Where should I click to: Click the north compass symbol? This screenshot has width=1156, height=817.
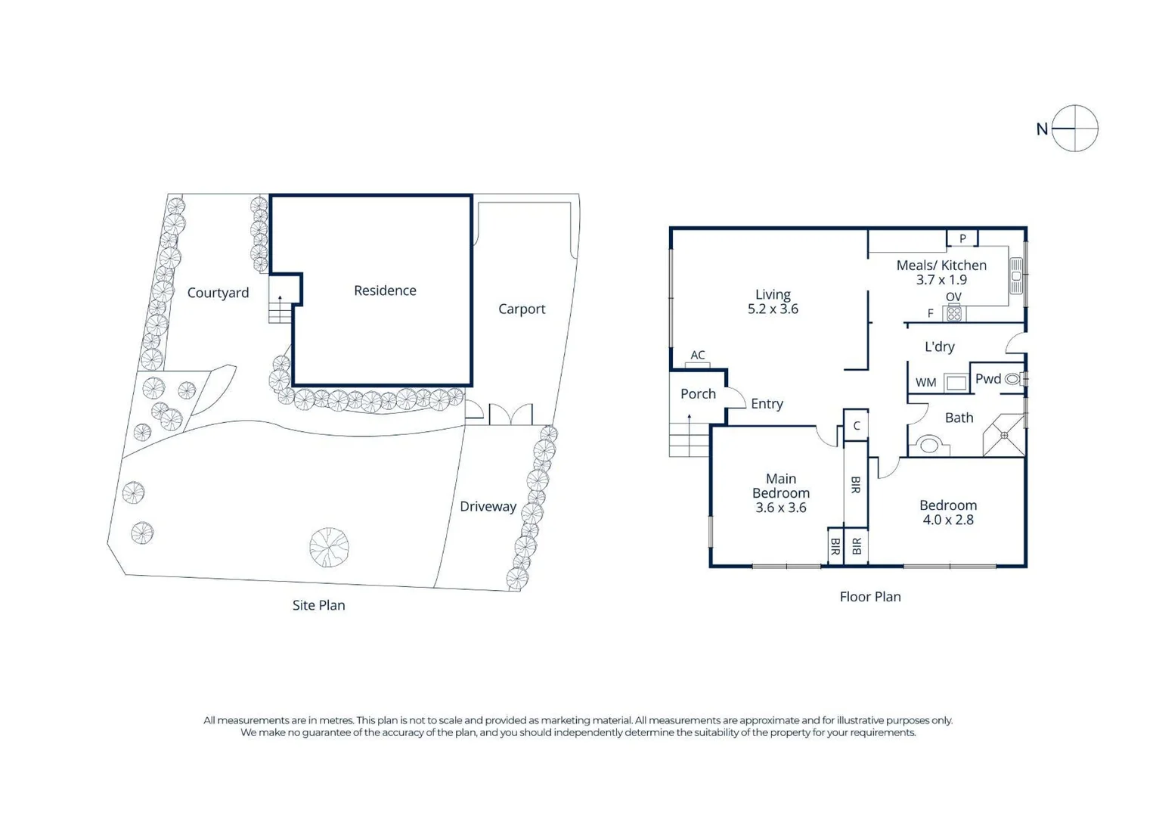1074,129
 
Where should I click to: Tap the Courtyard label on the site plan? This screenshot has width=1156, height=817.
218,293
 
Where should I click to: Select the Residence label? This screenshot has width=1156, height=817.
385,290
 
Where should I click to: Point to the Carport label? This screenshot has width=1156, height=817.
522,309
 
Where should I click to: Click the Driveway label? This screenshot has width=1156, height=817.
488,507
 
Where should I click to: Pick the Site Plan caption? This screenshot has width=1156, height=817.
318,605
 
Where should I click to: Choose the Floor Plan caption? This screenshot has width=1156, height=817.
870,597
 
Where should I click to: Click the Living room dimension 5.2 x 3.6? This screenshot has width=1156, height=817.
773,309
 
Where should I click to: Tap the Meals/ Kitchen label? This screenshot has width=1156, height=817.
941,266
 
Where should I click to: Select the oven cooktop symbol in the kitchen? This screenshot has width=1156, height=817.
954,313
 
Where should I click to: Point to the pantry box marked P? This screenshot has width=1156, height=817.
962,239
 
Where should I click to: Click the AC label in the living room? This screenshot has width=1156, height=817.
698,356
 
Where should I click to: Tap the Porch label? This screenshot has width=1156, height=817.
698,394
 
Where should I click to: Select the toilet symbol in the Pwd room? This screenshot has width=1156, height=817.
1013,380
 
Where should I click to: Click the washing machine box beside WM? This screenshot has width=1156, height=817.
956,383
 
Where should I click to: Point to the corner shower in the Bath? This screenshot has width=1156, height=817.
1004,435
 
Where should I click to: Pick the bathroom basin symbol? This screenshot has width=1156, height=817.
929,446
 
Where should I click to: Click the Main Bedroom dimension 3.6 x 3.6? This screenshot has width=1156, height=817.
781,508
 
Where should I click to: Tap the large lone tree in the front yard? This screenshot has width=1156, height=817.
329,547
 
